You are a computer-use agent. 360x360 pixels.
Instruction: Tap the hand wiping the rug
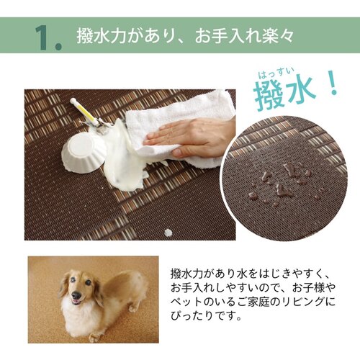click(x=189, y=135)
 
